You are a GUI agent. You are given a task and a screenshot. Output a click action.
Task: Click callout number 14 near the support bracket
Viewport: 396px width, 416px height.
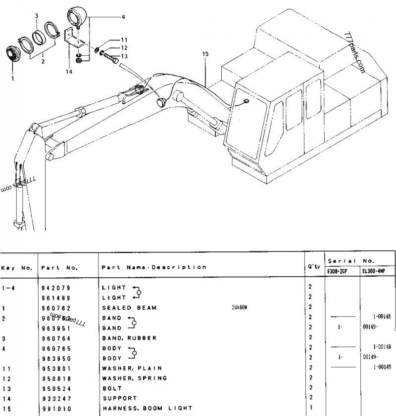coord(69,72)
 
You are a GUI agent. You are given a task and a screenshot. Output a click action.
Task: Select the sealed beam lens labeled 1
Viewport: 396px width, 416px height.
coord(10,53)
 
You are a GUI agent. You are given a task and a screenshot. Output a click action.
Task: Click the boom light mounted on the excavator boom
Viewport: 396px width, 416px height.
coord(160,102)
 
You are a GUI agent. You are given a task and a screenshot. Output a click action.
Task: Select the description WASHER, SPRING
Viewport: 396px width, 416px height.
coord(134,378)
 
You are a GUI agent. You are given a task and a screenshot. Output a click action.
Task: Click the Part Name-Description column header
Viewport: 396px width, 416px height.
coord(153,267)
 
